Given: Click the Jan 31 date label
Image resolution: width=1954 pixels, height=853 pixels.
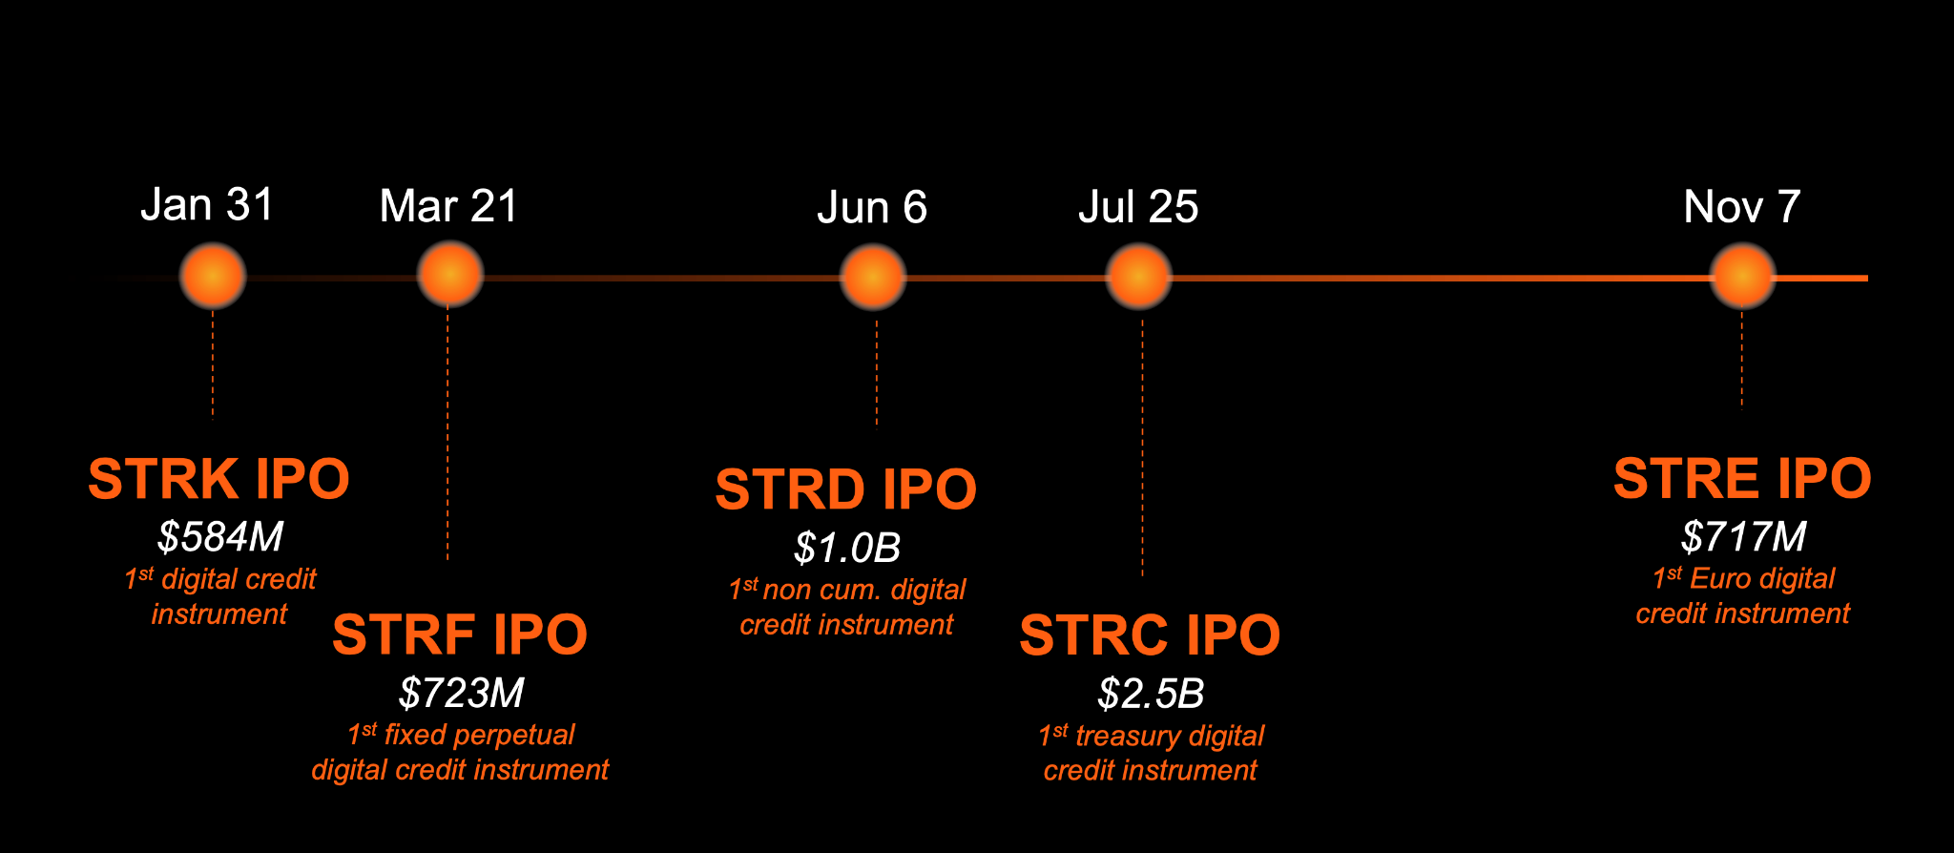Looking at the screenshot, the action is pos(207,204).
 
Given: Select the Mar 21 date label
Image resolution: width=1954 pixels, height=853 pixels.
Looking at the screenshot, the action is pos(448,206).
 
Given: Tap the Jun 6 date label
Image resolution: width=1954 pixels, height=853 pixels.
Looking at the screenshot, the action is pos(872,207).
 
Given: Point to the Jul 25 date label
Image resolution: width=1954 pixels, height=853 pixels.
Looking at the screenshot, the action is pos(1138,207).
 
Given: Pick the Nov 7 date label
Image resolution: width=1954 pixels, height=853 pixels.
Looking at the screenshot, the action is pos(1742,206).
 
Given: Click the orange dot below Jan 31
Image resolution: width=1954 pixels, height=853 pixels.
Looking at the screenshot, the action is pos(213,276).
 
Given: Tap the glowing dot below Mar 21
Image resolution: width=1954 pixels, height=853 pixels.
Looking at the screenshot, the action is pos(450,275).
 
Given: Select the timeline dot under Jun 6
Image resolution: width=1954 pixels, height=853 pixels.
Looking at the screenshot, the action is pos(873,278).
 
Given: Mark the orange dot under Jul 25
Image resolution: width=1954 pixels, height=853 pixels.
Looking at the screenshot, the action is pos(1138,278).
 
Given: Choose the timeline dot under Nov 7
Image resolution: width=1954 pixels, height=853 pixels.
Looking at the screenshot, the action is pos(1743,277).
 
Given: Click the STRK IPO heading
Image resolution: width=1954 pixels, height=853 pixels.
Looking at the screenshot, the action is pos(219,479).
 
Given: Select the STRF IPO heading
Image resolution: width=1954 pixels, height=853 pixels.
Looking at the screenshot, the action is pos(460,635).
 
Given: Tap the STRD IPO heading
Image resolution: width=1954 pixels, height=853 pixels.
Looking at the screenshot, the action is pos(846,489).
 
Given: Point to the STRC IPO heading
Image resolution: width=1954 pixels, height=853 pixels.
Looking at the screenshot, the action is pos(1150,635).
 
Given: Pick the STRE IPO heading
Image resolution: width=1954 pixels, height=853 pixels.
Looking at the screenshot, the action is pos(1742,478).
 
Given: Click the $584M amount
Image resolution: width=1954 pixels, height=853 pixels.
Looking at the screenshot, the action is pos(220,537).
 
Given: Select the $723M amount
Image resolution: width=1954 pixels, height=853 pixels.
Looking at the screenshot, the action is pos(462,694).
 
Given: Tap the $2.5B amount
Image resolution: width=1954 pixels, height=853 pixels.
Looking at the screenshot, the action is pos(1151,694).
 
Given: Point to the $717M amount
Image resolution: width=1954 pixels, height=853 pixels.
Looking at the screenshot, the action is pos(1743,537).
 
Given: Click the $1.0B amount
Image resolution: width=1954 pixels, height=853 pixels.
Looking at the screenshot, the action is pos(847,548).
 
